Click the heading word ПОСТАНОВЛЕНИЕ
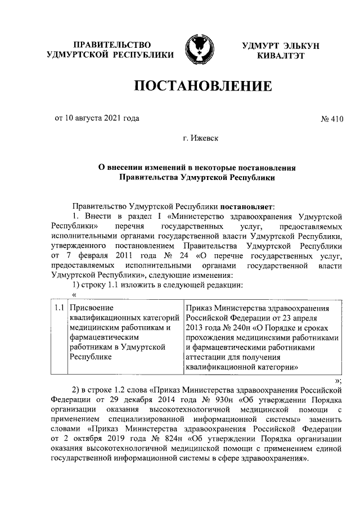pyautogui.click(x=202, y=86)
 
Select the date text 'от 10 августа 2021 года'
pyautogui.click(x=97, y=118)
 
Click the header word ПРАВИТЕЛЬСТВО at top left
pyautogui.click(x=110, y=44)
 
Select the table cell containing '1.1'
pyautogui.click(x=58, y=308)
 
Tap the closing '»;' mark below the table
pyautogui.click(x=338, y=380)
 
